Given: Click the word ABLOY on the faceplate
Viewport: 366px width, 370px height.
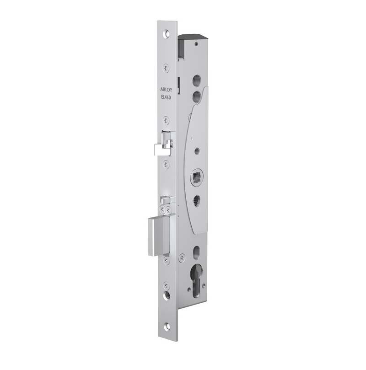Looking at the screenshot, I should [166, 91].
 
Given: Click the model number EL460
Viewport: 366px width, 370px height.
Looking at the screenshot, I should [166, 97].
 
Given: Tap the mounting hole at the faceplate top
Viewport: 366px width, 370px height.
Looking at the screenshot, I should [167, 33].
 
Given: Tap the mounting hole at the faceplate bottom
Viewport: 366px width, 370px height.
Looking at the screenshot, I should [167, 327].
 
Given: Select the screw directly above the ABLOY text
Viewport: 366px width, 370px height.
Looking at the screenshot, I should [166, 68].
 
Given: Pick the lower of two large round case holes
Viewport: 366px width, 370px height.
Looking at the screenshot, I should [197, 95].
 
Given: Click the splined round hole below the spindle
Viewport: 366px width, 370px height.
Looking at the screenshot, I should [197, 200].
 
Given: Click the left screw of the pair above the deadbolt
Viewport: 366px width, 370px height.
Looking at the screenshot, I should [163, 209].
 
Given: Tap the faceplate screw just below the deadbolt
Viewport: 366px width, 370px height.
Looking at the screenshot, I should [167, 261].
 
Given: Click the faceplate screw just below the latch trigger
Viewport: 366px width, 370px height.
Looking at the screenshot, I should [167, 163].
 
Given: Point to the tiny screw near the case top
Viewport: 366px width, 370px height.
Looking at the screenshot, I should [196, 44].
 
